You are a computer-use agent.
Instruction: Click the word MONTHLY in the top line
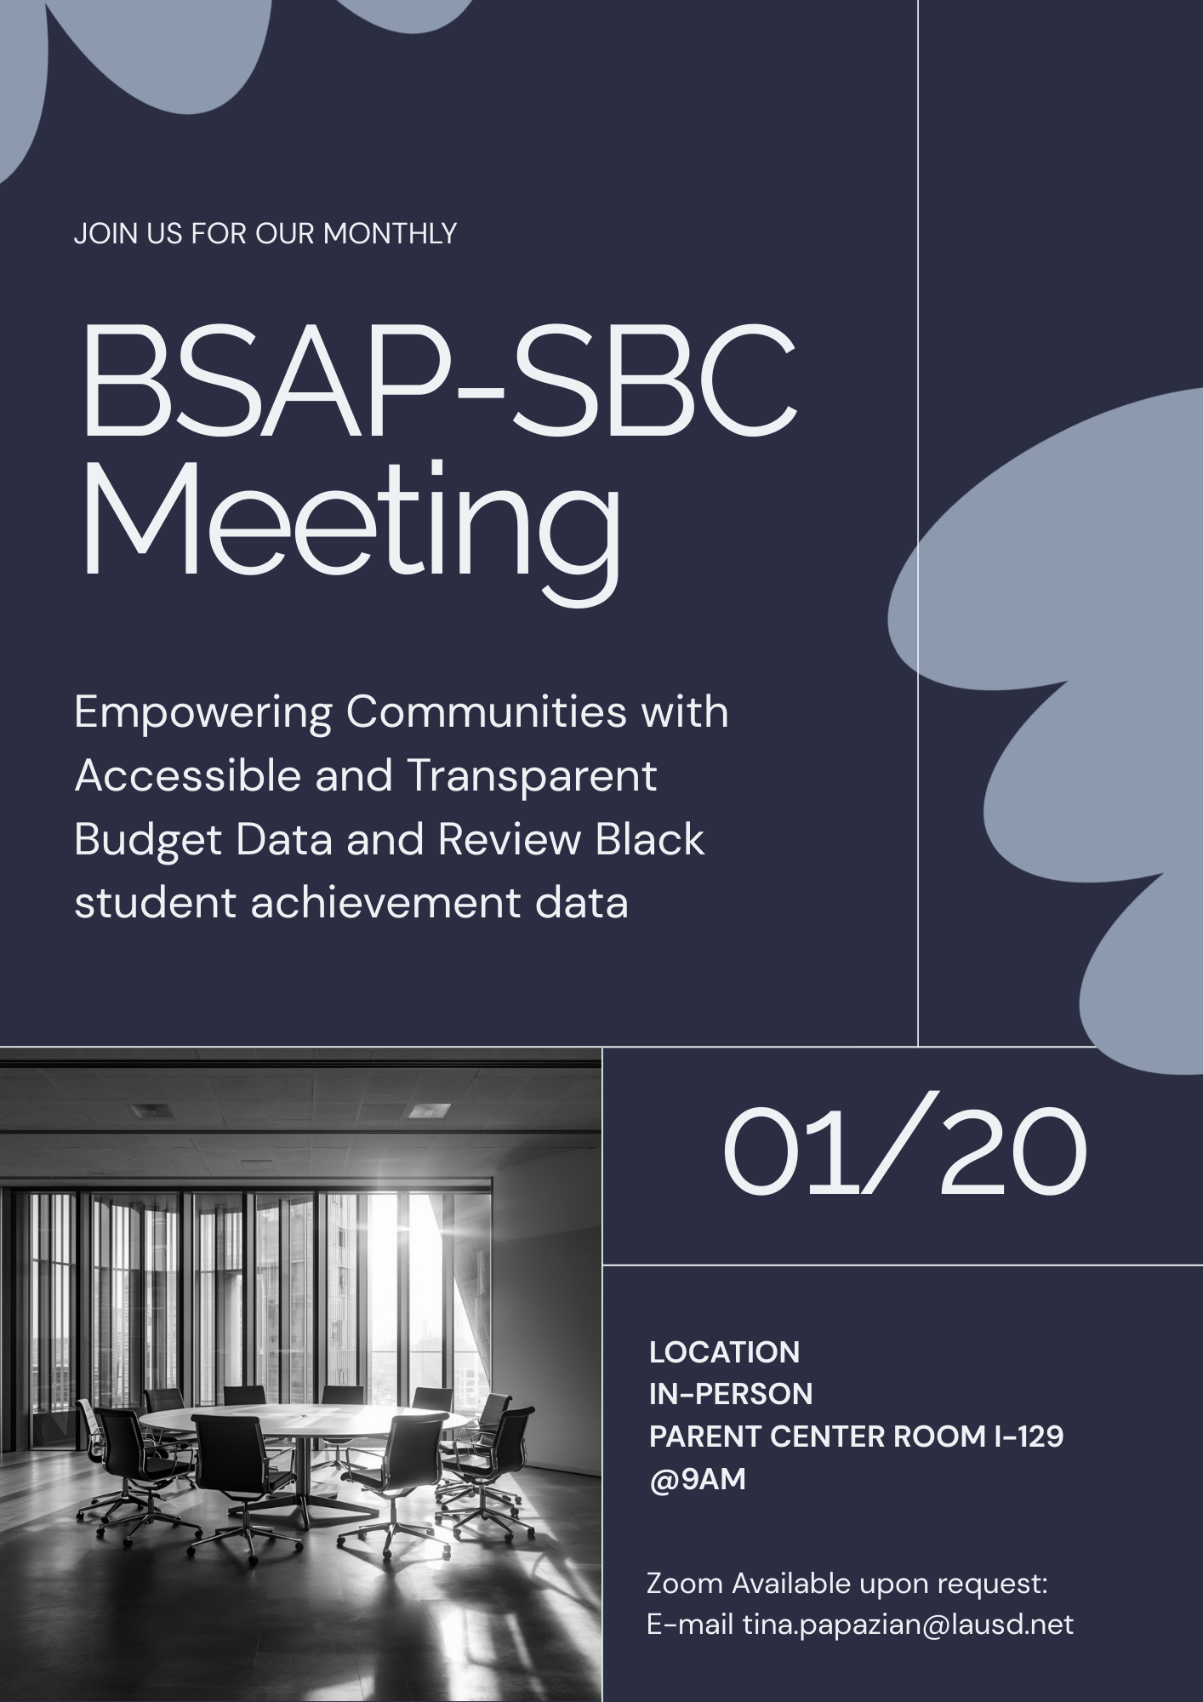tap(390, 233)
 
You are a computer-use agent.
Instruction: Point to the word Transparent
tap(532, 775)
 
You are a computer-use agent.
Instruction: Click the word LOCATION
tap(724, 1352)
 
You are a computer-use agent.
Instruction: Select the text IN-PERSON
tap(731, 1394)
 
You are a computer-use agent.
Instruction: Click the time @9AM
tap(697, 1479)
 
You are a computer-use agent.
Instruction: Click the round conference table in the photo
tap(304, 1419)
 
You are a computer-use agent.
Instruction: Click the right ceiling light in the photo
tap(430, 1111)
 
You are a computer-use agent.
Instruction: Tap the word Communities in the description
tap(486, 712)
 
